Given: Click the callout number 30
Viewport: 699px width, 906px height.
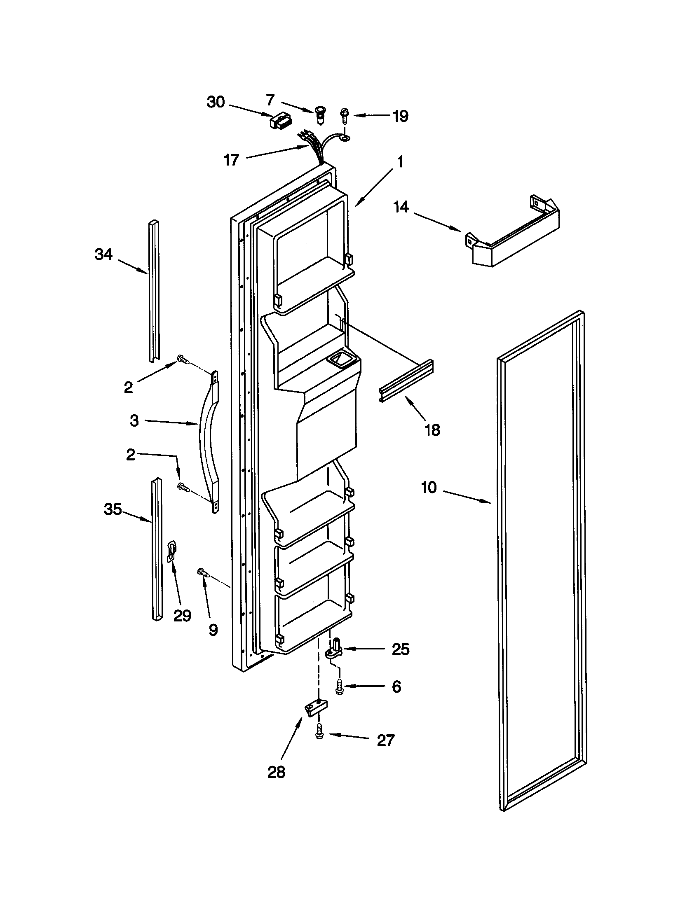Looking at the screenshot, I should point(216,102).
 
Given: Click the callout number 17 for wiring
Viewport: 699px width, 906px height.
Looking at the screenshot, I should point(231,160).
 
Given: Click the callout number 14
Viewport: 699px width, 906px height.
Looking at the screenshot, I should point(401,207).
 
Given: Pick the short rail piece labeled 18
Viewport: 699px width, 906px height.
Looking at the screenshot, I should point(406,381).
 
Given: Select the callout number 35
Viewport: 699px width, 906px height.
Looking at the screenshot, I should point(113,509).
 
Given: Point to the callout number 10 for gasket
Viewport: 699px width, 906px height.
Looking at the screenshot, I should point(429,488).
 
